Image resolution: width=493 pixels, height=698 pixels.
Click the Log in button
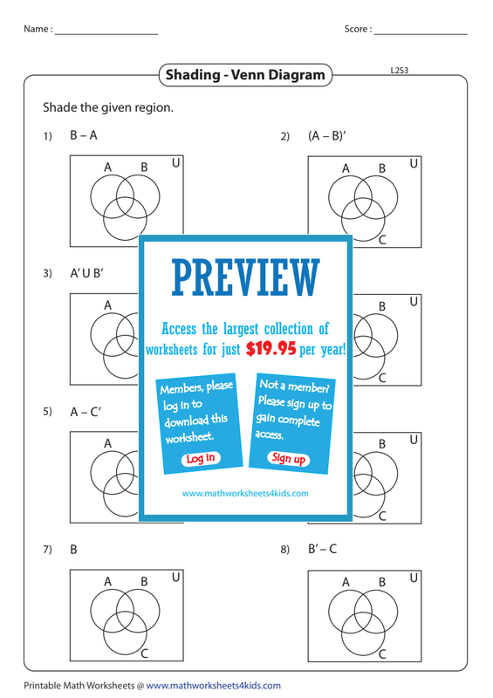[201, 459]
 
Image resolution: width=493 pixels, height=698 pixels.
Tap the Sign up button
[289, 459]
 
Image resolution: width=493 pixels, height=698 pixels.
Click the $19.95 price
[270, 348]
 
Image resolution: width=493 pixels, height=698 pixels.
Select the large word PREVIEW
[245, 278]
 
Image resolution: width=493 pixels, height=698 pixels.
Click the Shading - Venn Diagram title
[245, 75]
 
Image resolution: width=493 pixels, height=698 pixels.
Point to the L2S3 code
[400, 71]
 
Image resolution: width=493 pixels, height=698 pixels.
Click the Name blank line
[106, 34]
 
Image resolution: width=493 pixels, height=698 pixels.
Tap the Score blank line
[421, 34]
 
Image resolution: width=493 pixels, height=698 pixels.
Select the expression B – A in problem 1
[83, 135]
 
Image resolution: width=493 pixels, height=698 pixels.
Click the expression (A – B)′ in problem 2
[327, 135]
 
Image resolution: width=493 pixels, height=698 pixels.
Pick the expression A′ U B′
[86, 273]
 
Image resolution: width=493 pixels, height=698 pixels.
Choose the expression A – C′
[86, 412]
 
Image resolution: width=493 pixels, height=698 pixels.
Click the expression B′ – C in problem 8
[323, 549]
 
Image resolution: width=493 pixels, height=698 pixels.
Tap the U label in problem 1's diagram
[176, 163]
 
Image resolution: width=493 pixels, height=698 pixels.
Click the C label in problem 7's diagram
[144, 654]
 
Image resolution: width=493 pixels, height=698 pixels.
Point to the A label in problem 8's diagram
[346, 582]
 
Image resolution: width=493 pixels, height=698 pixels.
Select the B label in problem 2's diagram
[382, 168]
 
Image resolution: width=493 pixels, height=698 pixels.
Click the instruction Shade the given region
[108, 107]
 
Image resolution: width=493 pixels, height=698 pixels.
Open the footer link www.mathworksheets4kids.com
[213, 686]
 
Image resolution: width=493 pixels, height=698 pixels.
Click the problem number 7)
[48, 550]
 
